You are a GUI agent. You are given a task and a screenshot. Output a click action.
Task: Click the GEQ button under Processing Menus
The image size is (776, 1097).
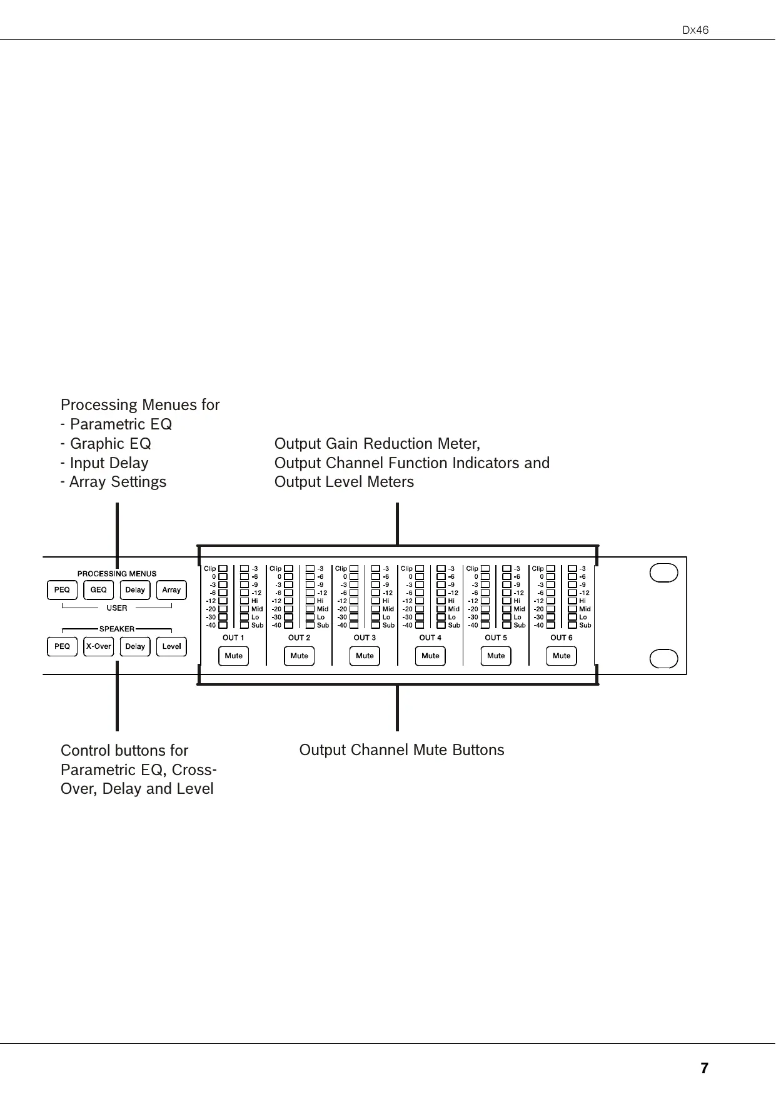[98, 590]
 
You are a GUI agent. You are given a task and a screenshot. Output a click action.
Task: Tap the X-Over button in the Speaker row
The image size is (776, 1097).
[98, 646]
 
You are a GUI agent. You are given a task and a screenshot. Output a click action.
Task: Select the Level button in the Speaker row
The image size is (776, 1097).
[171, 646]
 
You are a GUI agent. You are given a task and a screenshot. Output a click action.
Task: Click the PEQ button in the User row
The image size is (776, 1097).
[62, 590]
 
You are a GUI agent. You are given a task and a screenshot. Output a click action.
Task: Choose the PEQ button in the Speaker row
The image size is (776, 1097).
[62, 646]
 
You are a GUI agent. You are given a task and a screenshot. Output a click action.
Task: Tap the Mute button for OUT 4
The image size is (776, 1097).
[430, 656]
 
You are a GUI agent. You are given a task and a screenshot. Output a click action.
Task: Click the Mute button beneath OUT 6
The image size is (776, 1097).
[562, 656]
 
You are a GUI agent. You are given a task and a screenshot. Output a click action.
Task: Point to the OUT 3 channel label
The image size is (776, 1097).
[365, 638]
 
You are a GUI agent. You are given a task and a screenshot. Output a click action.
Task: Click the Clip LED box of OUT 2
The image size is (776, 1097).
[288, 569]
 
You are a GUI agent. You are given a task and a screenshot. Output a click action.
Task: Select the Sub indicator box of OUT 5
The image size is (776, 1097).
[507, 625]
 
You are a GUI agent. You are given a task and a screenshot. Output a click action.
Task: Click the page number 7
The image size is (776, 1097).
[704, 1068]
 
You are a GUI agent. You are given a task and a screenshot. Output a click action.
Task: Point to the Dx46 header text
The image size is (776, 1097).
[695, 30]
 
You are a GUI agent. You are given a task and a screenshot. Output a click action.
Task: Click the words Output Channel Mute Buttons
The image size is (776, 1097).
[401, 750]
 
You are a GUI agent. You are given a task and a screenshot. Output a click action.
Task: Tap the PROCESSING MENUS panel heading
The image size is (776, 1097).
[117, 574]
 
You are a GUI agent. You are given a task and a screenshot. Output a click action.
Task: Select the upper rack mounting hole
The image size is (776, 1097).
[663, 573]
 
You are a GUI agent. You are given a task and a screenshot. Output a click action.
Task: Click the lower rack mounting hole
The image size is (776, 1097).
[663, 659]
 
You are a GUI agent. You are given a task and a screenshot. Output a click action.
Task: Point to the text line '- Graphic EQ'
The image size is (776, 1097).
[106, 444]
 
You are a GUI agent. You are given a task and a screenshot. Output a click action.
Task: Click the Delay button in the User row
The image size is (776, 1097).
[135, 590]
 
